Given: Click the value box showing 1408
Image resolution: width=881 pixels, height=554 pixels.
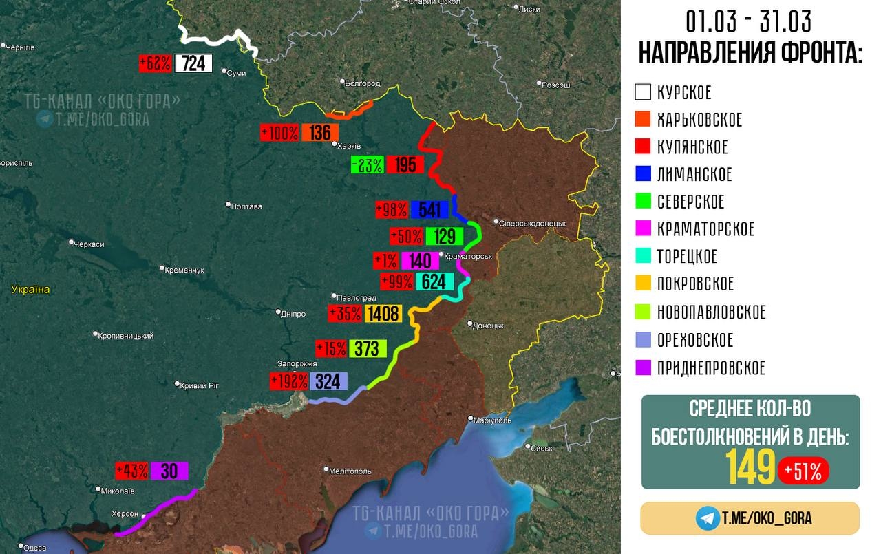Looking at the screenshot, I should pos(383,314).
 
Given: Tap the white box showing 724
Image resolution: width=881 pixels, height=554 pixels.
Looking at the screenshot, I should pos(193,63).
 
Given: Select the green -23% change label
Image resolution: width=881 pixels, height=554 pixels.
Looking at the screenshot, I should pos(367,165).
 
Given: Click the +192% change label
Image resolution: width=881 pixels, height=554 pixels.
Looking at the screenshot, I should pos(289,381).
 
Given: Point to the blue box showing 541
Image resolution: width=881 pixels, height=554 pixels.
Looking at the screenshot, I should pos(429,209).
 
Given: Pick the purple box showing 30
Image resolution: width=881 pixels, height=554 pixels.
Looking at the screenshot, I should pos(169,471).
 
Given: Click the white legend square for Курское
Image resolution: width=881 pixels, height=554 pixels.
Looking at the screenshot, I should pos(643,92).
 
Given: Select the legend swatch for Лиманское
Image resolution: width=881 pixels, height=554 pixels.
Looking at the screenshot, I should pos(643,174).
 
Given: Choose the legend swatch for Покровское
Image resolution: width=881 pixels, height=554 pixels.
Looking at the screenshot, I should pos(643,284).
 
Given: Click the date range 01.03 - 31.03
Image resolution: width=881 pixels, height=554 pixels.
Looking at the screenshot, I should pos(748,22).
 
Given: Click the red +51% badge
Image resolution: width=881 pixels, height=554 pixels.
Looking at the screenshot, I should pos(803,471).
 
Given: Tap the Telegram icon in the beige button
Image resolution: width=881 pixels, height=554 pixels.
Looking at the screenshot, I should pos(707,518).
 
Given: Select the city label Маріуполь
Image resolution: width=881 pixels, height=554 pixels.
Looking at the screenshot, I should pos(492,419).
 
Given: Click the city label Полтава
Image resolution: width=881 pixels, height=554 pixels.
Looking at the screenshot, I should pos(247,206).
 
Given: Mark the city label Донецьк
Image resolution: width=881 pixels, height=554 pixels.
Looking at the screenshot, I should pos(488,325).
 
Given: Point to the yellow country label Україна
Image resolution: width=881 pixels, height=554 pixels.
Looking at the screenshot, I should pos(30,290).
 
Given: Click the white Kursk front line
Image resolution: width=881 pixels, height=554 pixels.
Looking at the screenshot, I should pos(217,38).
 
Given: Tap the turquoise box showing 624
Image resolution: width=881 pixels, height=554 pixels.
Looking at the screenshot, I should pos(434,281).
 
